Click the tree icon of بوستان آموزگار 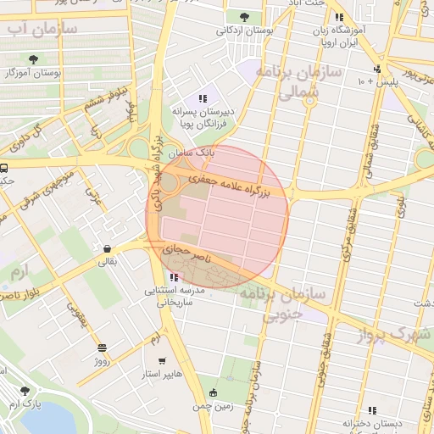pyautogui.click(x=33, y=59)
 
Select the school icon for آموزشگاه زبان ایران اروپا pyautogui.click(x=339, y=18)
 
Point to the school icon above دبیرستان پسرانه pyautogui.click(x=202, y=98)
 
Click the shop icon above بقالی pyautogui.click(x=108, y=249)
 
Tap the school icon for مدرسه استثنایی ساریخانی pyautogui.click(x=174, y=277)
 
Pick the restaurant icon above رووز pyautogui.click(x=102, y=348)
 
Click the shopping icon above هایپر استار pyautogui.click(x=161, y=359)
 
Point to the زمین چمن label pyautogui.click(x=213, y=405)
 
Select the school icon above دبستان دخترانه pyautogui.click(x=372, y=410)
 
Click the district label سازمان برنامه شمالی pyautogui.click(x=300, y=83)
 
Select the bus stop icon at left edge pyautogui.click(x=4, y=168)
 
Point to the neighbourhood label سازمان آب pyautogui.click(x=42, y=30)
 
